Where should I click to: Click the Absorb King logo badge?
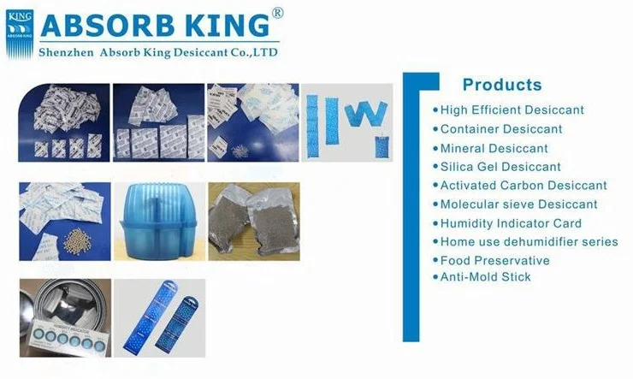coord(20,35)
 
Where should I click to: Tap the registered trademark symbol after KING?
coord(278,13)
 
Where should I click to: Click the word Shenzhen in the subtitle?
coord(66,52)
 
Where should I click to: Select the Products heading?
coord(502,85)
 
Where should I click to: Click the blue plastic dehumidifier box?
coord(158,222)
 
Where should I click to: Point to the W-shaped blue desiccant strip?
coord(366,114)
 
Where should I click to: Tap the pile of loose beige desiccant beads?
coord(76,242)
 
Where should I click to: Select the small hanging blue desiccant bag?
coord(382,146)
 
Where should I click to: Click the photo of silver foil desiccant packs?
coord(254,222)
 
